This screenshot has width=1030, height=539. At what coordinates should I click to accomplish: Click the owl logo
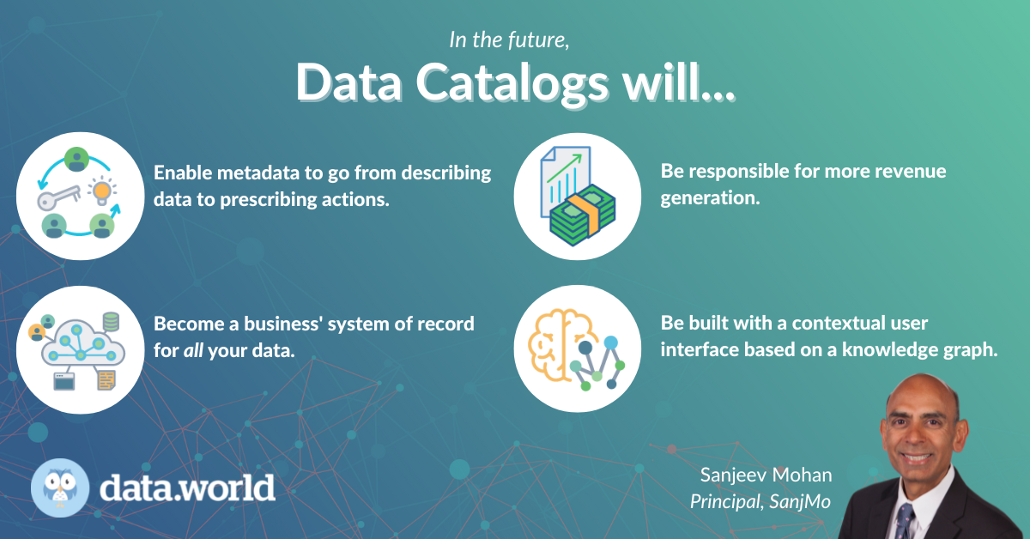59,487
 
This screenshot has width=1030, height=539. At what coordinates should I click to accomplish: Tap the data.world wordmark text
187,487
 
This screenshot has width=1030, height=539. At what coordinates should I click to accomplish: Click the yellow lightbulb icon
102,189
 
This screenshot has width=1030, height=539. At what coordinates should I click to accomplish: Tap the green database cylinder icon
110,323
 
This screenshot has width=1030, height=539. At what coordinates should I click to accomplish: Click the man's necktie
904,518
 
